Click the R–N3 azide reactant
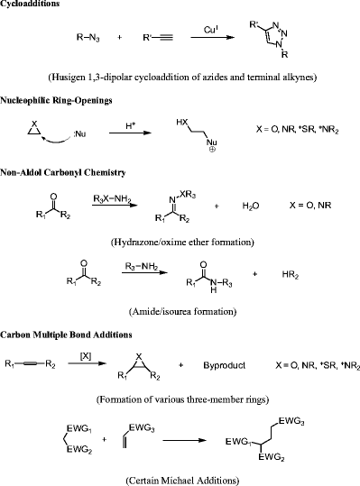88,39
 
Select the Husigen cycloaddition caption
180,78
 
